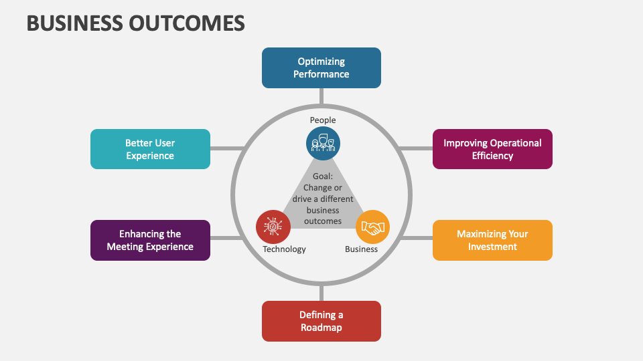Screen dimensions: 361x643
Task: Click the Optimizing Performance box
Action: pos(321,68)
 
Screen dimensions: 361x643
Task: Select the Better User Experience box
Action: pos(150,149)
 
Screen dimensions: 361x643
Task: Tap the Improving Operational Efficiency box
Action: pos(492,149)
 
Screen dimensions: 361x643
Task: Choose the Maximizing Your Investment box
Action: pos(492,240)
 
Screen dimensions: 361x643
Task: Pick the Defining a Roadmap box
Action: pos(321,321)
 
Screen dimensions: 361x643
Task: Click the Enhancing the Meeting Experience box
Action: pos(150,240)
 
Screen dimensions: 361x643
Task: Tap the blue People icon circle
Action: pos(323,143)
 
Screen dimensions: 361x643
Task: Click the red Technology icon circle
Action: pos(273,227)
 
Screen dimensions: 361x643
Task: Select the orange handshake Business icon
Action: pos(372,227)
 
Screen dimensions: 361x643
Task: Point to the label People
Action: pos(323,120)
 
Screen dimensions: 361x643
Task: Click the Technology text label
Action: pos(284,249)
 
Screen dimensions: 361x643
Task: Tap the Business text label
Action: pos(361,249)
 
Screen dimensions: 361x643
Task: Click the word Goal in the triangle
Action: pos(323,177)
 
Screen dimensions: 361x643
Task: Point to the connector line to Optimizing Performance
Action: pos(321,97)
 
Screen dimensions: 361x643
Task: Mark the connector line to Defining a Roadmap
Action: pos(321,292)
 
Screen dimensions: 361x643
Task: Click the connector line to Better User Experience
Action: pos(225,148)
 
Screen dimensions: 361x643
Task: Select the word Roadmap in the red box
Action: pos(321,328)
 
